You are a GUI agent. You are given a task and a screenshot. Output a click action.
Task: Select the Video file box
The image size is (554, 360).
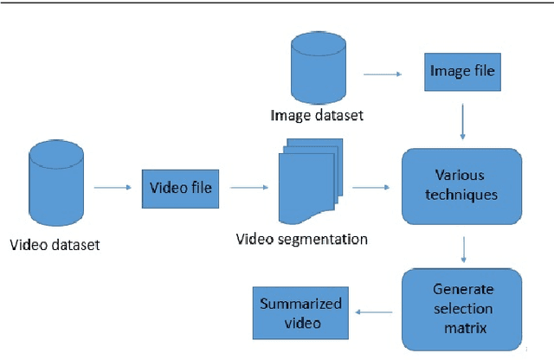click(180, 187)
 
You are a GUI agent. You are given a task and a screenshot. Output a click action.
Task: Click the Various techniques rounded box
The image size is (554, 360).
click(461, 185)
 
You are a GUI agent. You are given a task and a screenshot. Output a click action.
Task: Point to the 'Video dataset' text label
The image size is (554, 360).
click(55, 244)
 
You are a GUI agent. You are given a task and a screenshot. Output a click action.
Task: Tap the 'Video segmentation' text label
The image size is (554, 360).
click(302, 239)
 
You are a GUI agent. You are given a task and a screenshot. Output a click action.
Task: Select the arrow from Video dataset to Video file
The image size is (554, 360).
click(111, 186)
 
